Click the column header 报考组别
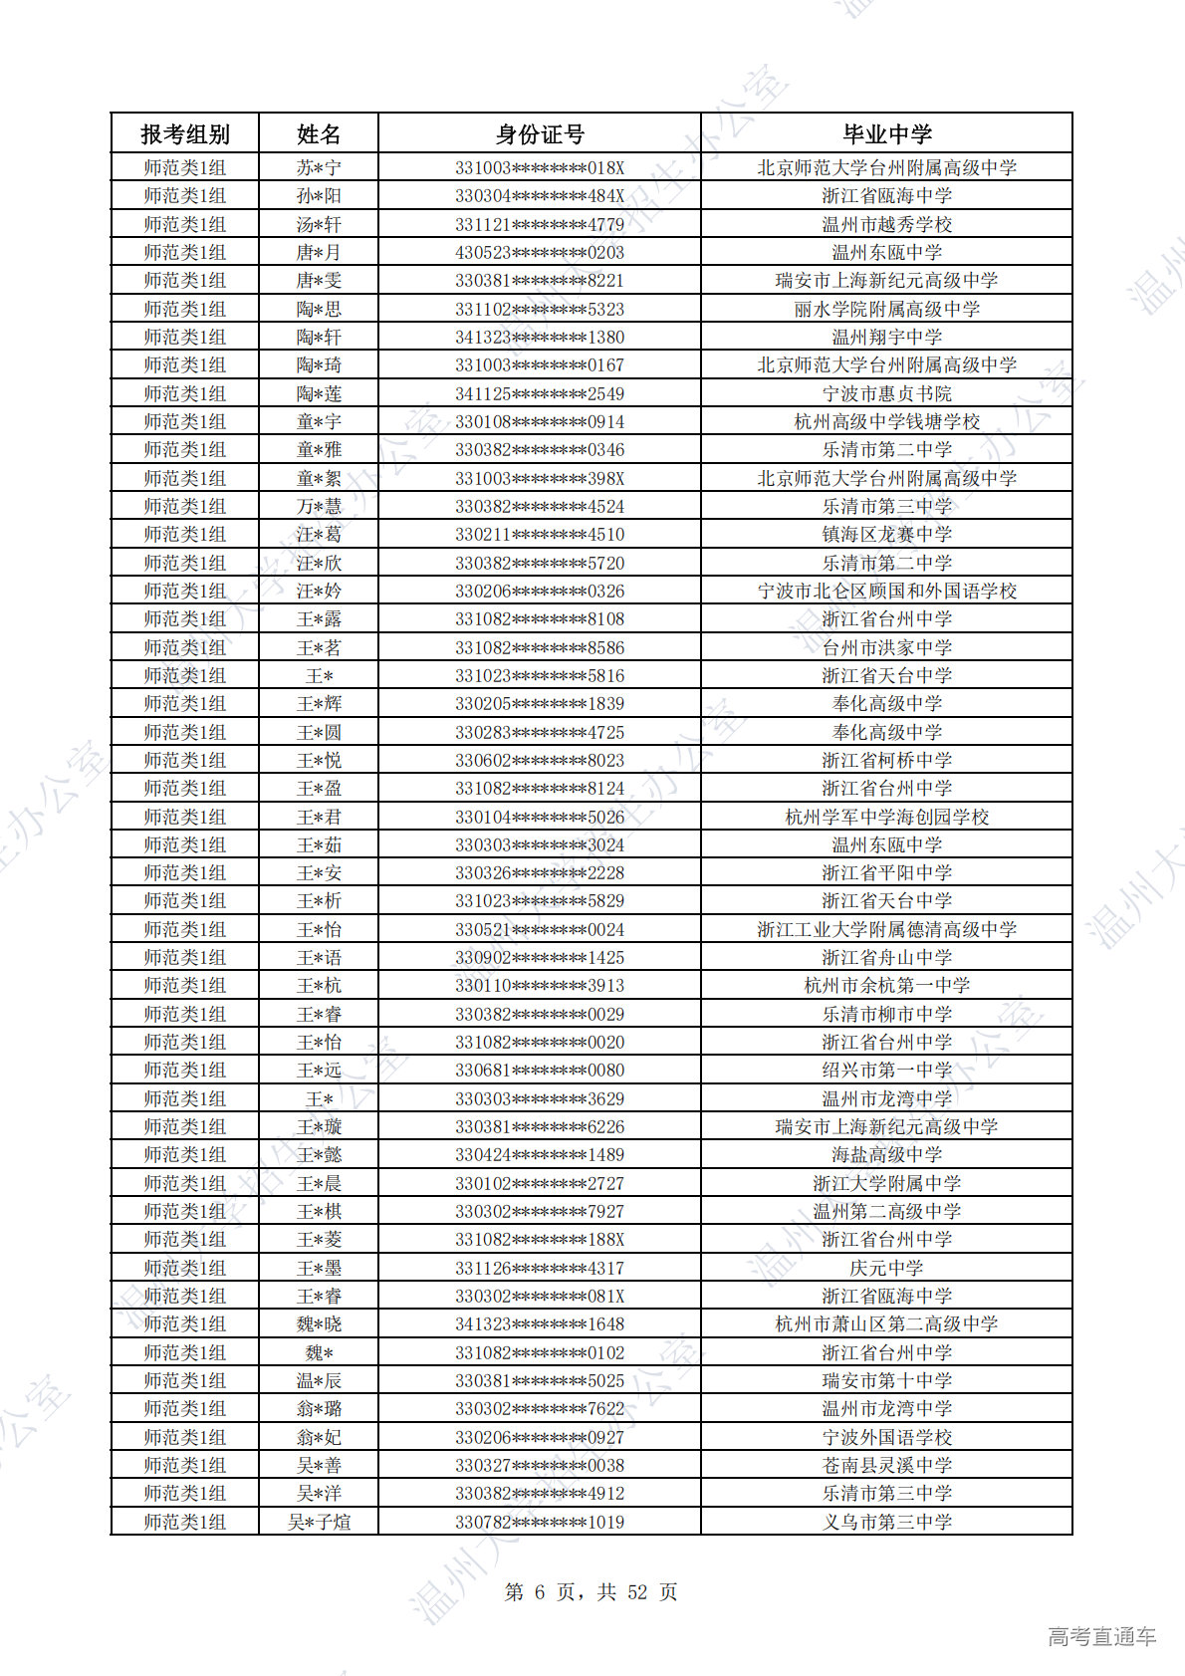pos(185,133)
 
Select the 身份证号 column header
pos(540,133)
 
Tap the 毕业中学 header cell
pos(886,133)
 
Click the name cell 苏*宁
pos(319,167)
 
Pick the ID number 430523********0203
pos(540,252)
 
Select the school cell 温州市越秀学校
pos(886,224)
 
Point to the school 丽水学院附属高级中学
pos(886,309)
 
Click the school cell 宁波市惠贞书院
pos(886,393)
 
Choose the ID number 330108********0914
pos(540,421)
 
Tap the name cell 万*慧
pos(319,506)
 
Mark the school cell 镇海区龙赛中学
pos(886,534)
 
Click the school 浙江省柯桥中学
pos(886,760)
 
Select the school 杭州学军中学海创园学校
pos(886,817)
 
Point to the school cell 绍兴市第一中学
pos(886,1070)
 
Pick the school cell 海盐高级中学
pos(886,1154)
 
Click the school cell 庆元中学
pos(886,1268)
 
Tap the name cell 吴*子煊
pos(319,1522)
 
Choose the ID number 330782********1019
pos(540,1522)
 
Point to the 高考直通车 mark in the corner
pos(1101,1636)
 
